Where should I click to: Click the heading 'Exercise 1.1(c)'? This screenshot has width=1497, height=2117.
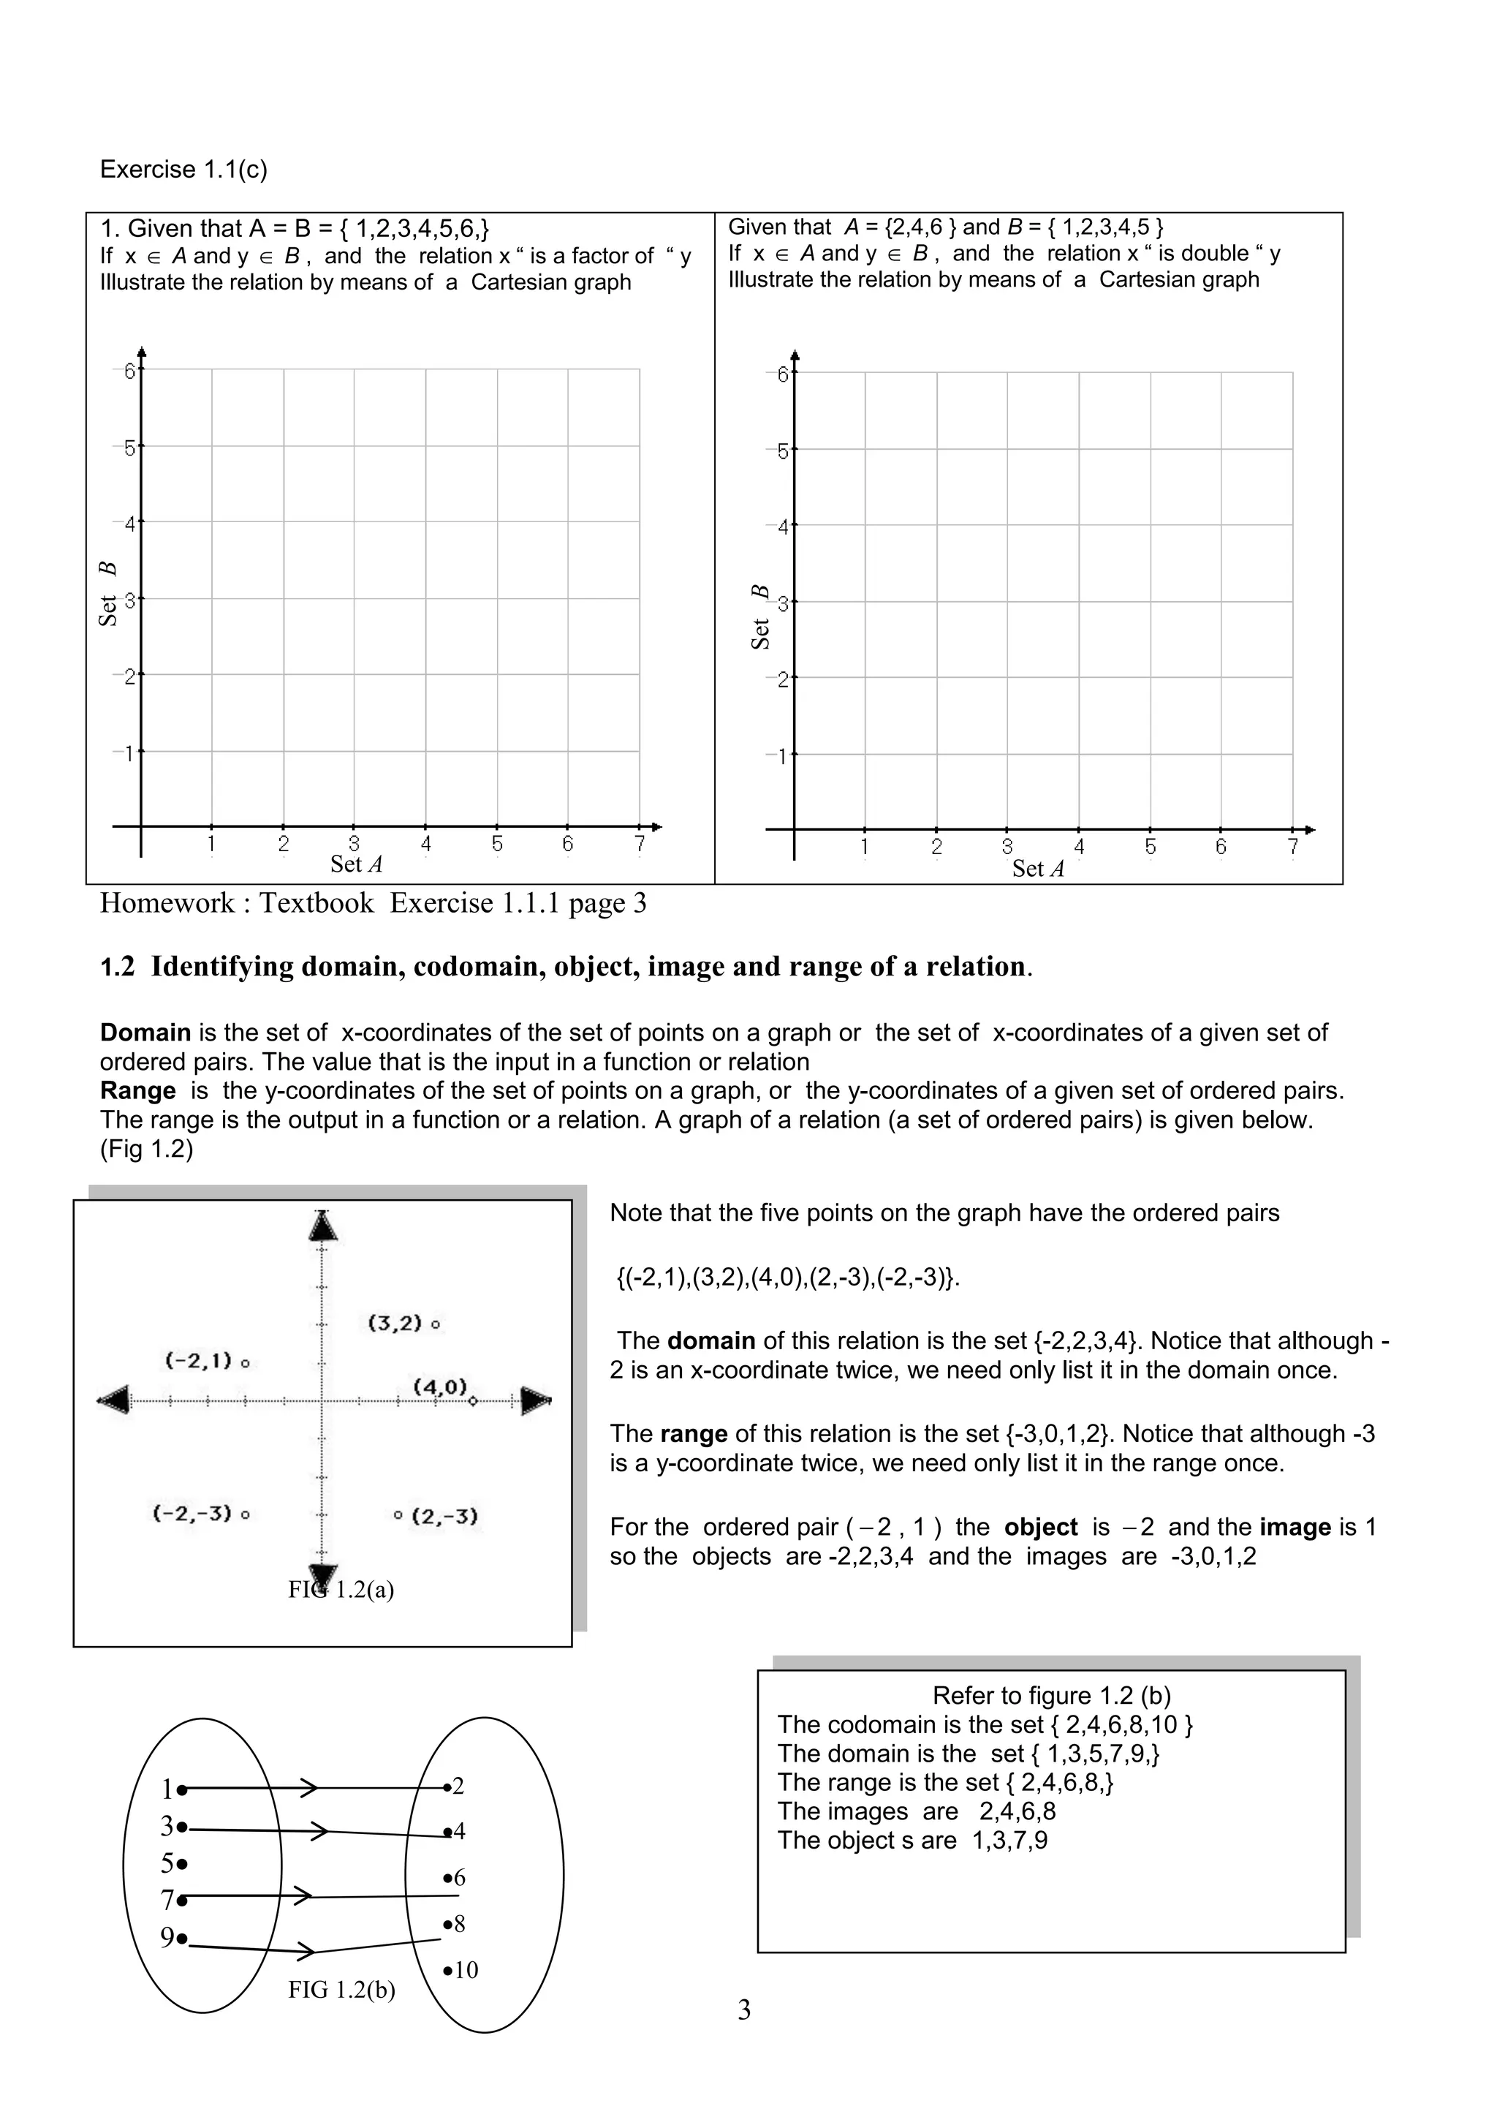pos(183,170)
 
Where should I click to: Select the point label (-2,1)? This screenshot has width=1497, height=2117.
pos(198,1361)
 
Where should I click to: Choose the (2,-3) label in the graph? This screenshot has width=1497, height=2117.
pos(444,1516)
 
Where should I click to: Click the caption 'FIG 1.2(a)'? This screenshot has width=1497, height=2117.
pos(341,1590)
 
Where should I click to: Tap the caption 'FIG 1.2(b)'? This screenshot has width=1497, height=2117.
pos(341,1990)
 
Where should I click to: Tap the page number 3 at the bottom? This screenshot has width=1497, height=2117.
pos(744,2010)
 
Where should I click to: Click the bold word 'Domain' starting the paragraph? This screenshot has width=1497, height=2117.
pos(145,1033)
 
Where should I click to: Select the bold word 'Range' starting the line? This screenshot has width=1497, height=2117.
pos(137,1091)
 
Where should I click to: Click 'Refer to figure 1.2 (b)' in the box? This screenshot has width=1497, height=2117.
pos(1051,1696)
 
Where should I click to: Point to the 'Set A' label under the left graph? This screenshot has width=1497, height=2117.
pos(356,864)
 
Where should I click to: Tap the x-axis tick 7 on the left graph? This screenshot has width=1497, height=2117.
pos(640,844)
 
